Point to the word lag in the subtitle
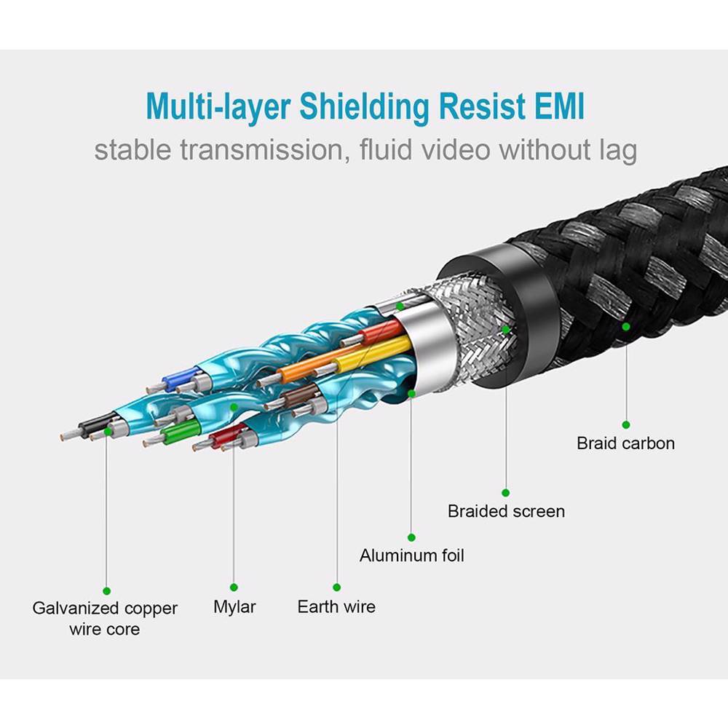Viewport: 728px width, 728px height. click(616, 151)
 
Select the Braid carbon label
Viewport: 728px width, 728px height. click(625, 443)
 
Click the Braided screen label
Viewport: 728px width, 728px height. click(506, 511)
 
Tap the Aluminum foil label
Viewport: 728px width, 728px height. click(411, 555)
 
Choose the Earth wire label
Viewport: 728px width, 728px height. click(336, 606)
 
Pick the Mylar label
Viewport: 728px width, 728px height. click(234, 606)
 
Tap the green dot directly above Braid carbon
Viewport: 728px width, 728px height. click(625, 424)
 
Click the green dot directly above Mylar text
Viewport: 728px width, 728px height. click(234, 587)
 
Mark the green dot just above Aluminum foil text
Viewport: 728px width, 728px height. click(411, 537)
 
